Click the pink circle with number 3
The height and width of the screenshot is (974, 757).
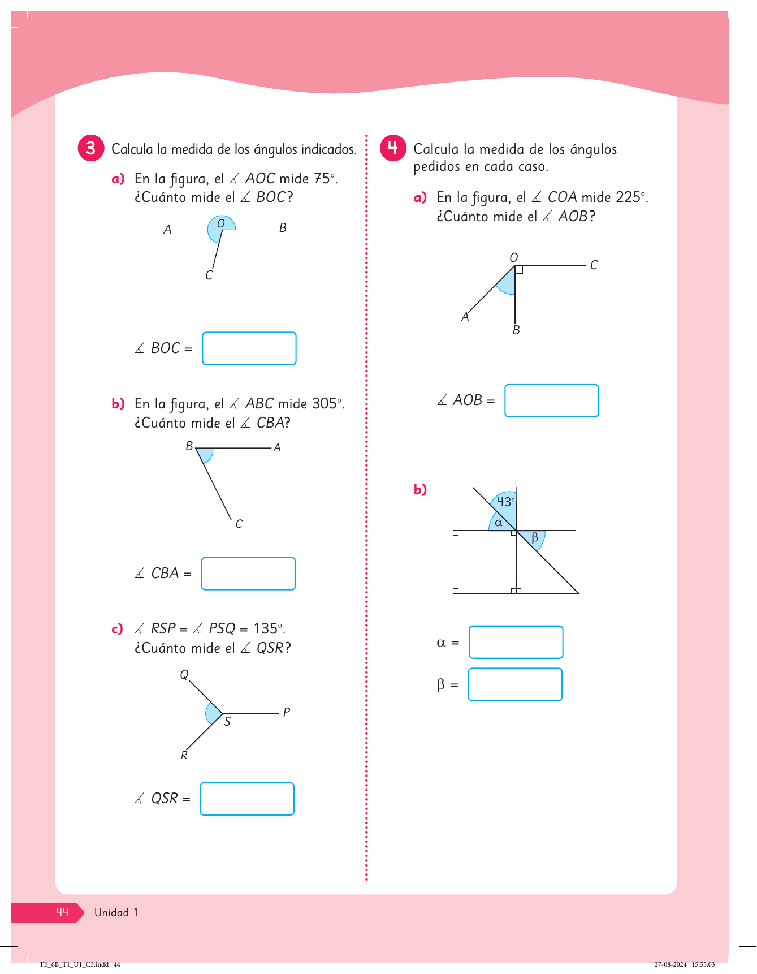(x=91, y=148)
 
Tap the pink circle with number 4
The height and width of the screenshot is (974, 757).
(x=393, y=148)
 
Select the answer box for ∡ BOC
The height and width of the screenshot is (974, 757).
(x=249, y=348)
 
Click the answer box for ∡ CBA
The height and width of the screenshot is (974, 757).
(x=248, y=574)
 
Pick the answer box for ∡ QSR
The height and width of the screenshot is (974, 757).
(x=247, y=799)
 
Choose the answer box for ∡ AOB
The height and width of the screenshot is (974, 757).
(x=551, y=400)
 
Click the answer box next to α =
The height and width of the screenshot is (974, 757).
(x=516, y=642)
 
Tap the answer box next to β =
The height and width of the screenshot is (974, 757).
(x=515, y=684)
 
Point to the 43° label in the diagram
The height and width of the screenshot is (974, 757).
(x=505, y=502)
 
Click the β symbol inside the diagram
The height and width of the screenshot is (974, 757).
(x=535, y=537)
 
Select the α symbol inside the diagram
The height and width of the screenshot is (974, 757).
(x=499, y=523)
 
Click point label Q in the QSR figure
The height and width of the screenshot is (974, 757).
(x=184, y=675)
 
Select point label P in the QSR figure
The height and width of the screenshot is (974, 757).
(x=287, y=712)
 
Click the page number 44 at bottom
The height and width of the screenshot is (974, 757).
(x=62, y=912)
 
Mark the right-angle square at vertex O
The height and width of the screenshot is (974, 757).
(x=519, y=270)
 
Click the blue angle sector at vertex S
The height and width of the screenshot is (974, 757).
(x=214, y=714)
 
